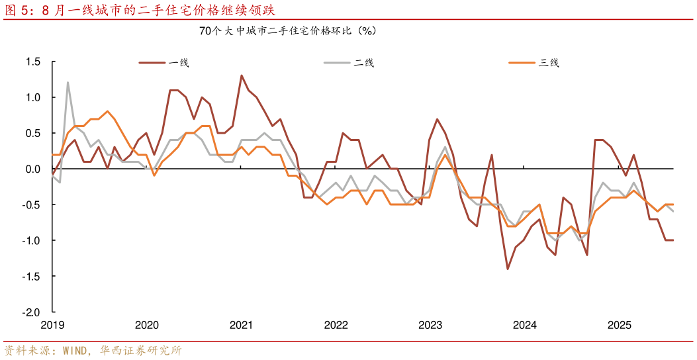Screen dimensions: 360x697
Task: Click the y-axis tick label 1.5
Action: (x=34, y=62)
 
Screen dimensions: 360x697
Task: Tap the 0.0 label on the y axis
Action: (x=34, y=169)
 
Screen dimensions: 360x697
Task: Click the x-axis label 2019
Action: (x=52, y=326)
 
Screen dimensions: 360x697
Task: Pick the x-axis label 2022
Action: (x=336, y=326)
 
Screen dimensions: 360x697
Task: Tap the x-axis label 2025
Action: (x=620, y=326)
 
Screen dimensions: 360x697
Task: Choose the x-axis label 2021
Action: (x=241, y=326)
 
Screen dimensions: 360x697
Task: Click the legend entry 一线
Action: (x=179, y=63)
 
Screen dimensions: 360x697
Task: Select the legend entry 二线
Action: (x=364, y=63)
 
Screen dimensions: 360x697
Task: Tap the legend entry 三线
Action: (x=549, y=63)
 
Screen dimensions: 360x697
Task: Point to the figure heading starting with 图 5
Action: (x=139, y=10)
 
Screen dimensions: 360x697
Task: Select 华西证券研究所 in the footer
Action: (x=141, y=350)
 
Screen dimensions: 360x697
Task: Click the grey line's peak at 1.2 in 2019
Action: (x=68, y=83)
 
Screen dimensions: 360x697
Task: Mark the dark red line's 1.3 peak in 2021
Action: (x=242, y=75)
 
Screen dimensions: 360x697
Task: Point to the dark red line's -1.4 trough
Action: (x=508, y=269)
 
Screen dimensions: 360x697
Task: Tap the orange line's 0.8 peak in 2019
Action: (x=107, y=111)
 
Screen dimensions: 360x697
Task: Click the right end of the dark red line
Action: (x=673, y=240)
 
